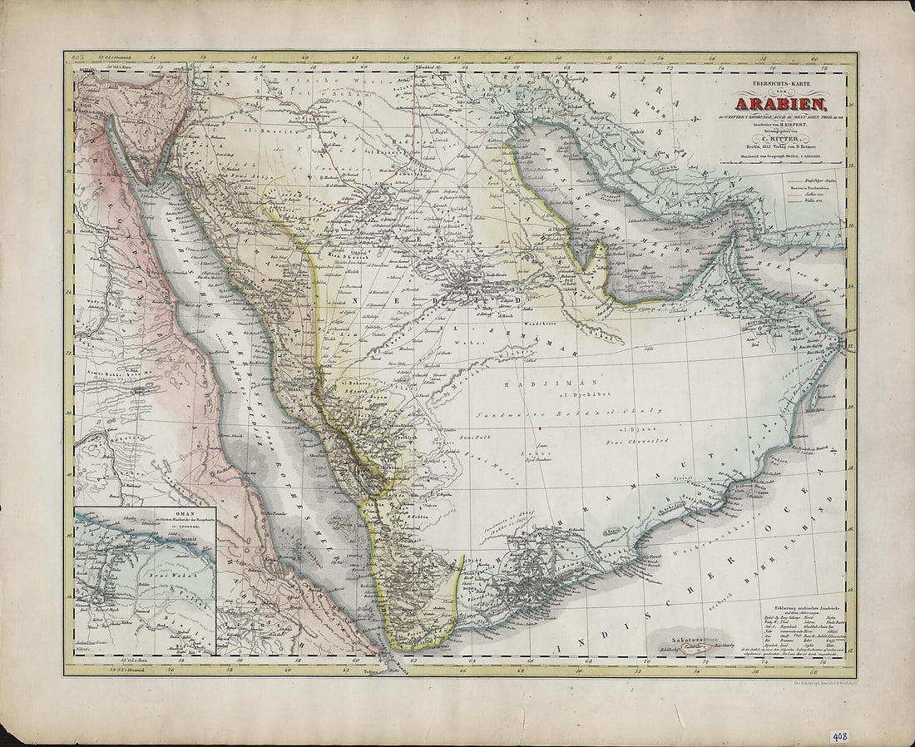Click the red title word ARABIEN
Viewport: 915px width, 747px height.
pos(779,105)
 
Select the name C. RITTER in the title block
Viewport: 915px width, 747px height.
pos(779,136)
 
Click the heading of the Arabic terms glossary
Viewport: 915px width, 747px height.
pos(794,600)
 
